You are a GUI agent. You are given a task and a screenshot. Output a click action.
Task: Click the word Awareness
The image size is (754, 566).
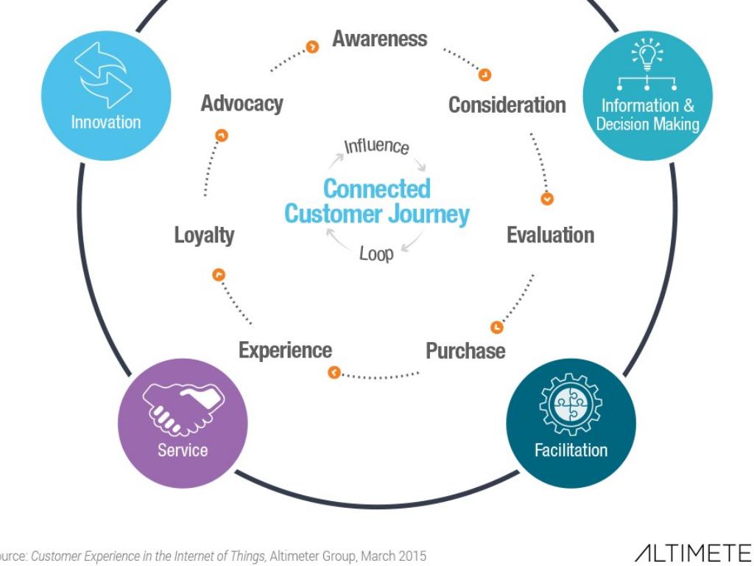click(x=379, y=38)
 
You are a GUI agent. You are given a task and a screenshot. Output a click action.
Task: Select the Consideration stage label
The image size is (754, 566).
click(x=507, y=105)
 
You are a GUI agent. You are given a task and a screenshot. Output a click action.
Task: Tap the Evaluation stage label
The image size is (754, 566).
click(x=550, y=235)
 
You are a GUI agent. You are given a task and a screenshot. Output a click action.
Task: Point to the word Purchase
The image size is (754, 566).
click(x=465, y=350)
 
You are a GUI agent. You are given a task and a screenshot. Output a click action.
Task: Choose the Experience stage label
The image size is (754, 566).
click(x=285, y=350)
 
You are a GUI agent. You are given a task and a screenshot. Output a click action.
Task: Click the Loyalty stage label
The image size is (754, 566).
click(x=204, y=236)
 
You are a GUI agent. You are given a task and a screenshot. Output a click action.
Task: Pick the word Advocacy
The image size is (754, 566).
click(x=242, y=104)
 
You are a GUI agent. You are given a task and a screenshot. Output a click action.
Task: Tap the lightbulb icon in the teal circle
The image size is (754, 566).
click(x=647, y=56)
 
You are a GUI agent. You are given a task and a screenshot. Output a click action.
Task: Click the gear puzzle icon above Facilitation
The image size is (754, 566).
click(x=571, y=405)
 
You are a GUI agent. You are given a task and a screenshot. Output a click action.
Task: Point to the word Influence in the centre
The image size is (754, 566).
click(x=376, y=145)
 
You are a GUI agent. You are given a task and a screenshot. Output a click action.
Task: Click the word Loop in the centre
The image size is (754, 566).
click(x=376, y=254)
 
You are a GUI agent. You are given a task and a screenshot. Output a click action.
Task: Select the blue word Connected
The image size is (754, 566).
click(x=376, y=189)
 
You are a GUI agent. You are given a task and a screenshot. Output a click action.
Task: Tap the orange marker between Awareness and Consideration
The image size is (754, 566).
click(x=485, y=74)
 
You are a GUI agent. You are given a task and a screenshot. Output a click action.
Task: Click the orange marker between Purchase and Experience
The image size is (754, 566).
click(x=334, y=373)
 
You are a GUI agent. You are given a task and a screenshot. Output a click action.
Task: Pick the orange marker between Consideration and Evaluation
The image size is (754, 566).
click(x=547, y=198)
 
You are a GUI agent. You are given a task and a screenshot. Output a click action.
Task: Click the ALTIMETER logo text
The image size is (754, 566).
click(x=693, y=553)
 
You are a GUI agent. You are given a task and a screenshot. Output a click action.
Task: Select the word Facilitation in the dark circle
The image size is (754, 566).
click(x=571, y=450)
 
